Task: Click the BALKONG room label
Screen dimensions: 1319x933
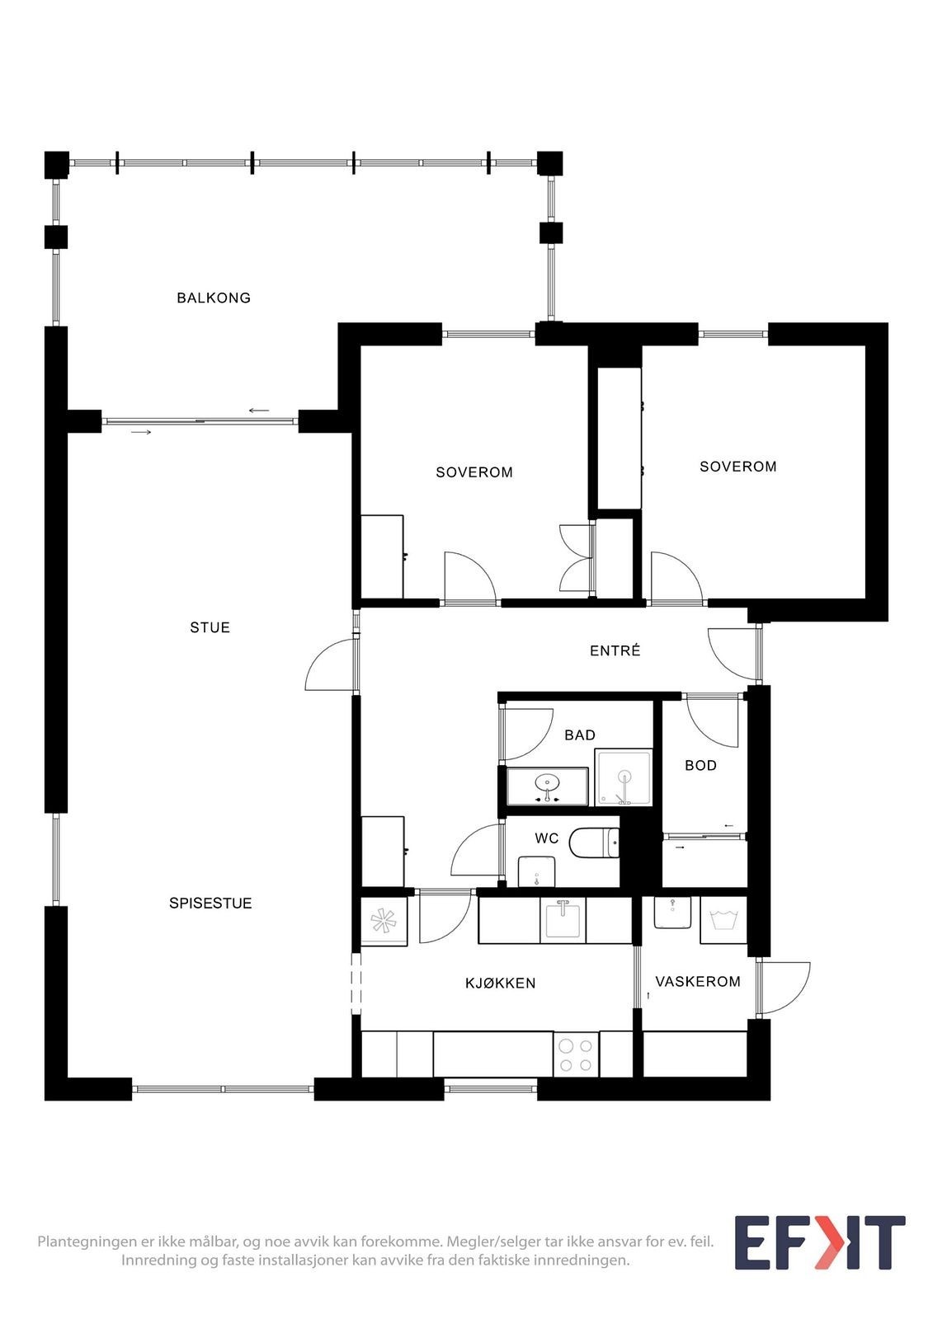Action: (214, 298)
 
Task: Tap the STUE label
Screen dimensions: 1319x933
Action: (210, 627)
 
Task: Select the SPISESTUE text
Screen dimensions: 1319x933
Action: (210, 903)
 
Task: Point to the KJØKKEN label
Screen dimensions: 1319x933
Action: (500, 983)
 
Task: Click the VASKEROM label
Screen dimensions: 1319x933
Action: (697, 981)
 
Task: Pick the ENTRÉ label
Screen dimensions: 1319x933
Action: (615, 650)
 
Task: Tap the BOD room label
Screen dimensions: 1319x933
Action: (700, 765)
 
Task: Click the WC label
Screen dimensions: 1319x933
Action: (547, 838)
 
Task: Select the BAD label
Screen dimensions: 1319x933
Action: (579, 735)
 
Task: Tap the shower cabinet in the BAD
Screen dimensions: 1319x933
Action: (624, 777)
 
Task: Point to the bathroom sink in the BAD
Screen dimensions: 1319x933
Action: (546, 782)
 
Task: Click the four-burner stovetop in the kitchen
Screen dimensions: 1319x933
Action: (575, 1054)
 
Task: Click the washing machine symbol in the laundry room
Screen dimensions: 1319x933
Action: (723, 920)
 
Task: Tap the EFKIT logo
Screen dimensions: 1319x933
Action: (819, 1242)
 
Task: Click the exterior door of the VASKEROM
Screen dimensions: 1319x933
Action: (783, 987)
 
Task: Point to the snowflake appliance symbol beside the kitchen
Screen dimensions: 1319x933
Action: (384, 921)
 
